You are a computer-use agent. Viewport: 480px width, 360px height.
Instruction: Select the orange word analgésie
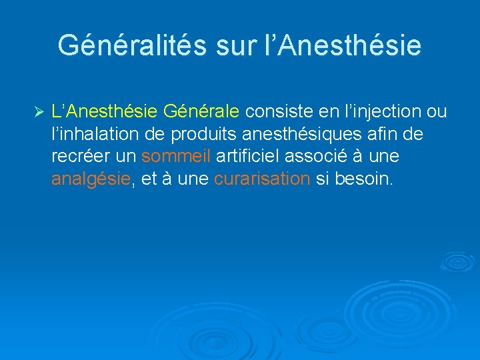pyautogui.click(x=90, y=179)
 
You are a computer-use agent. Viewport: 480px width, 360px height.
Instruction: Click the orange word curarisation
pyautogui.click(x=262, y=179)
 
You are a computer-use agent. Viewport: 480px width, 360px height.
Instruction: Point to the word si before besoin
pyautogui.click(x=322, y=179)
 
